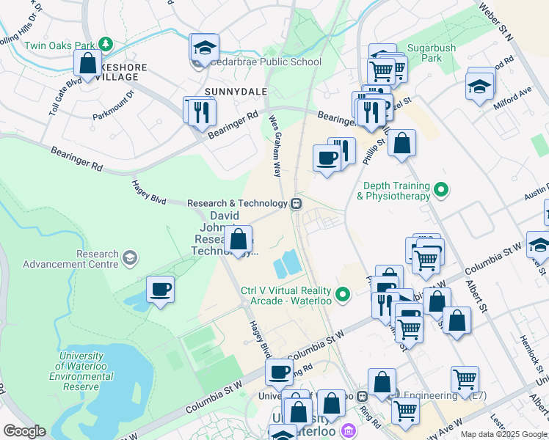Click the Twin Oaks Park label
(x=61, y=45)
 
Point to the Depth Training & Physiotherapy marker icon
(x=440, y=191)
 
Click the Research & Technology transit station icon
(x=297, y=204)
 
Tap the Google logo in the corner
(x=24, y=431)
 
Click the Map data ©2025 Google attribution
(x=503, y=434)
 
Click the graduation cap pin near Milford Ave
(x=479, y=86)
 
